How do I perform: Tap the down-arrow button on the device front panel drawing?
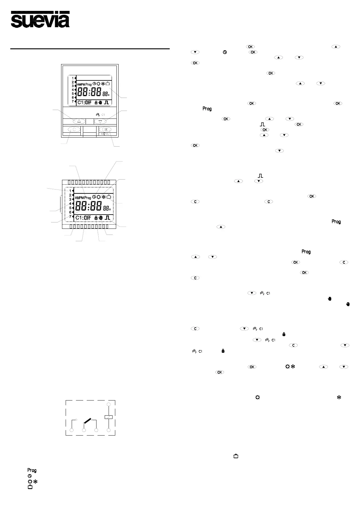coord(100,122)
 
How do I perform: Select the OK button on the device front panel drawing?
coord(105,129)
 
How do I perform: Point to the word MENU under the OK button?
coord(105,134)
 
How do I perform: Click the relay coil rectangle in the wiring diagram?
coord(108,417)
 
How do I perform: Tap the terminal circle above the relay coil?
coord(109,404)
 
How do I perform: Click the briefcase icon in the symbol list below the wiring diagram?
coord(30,487)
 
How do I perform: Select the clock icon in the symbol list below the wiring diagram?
coord(30,476)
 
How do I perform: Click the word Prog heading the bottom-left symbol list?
coord(32,470)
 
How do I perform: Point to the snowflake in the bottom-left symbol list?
coord(35,481)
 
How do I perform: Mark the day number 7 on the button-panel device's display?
coord(73,101)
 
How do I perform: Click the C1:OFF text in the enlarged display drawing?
coord(83,218)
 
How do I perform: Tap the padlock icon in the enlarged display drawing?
coord(96,218)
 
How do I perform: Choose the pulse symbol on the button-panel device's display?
coord(106,102)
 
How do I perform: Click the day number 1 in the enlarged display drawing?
coord(70,191)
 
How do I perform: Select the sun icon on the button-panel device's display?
coord(98,84)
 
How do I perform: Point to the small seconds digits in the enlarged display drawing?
coord(106,208)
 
